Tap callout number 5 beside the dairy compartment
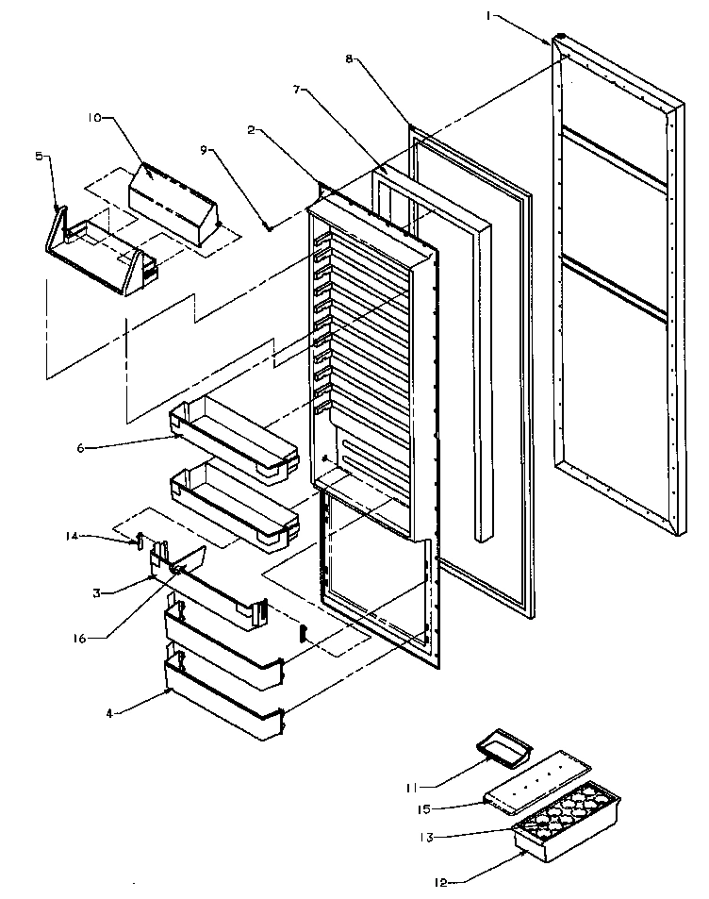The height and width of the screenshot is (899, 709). [x=40, y=158]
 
